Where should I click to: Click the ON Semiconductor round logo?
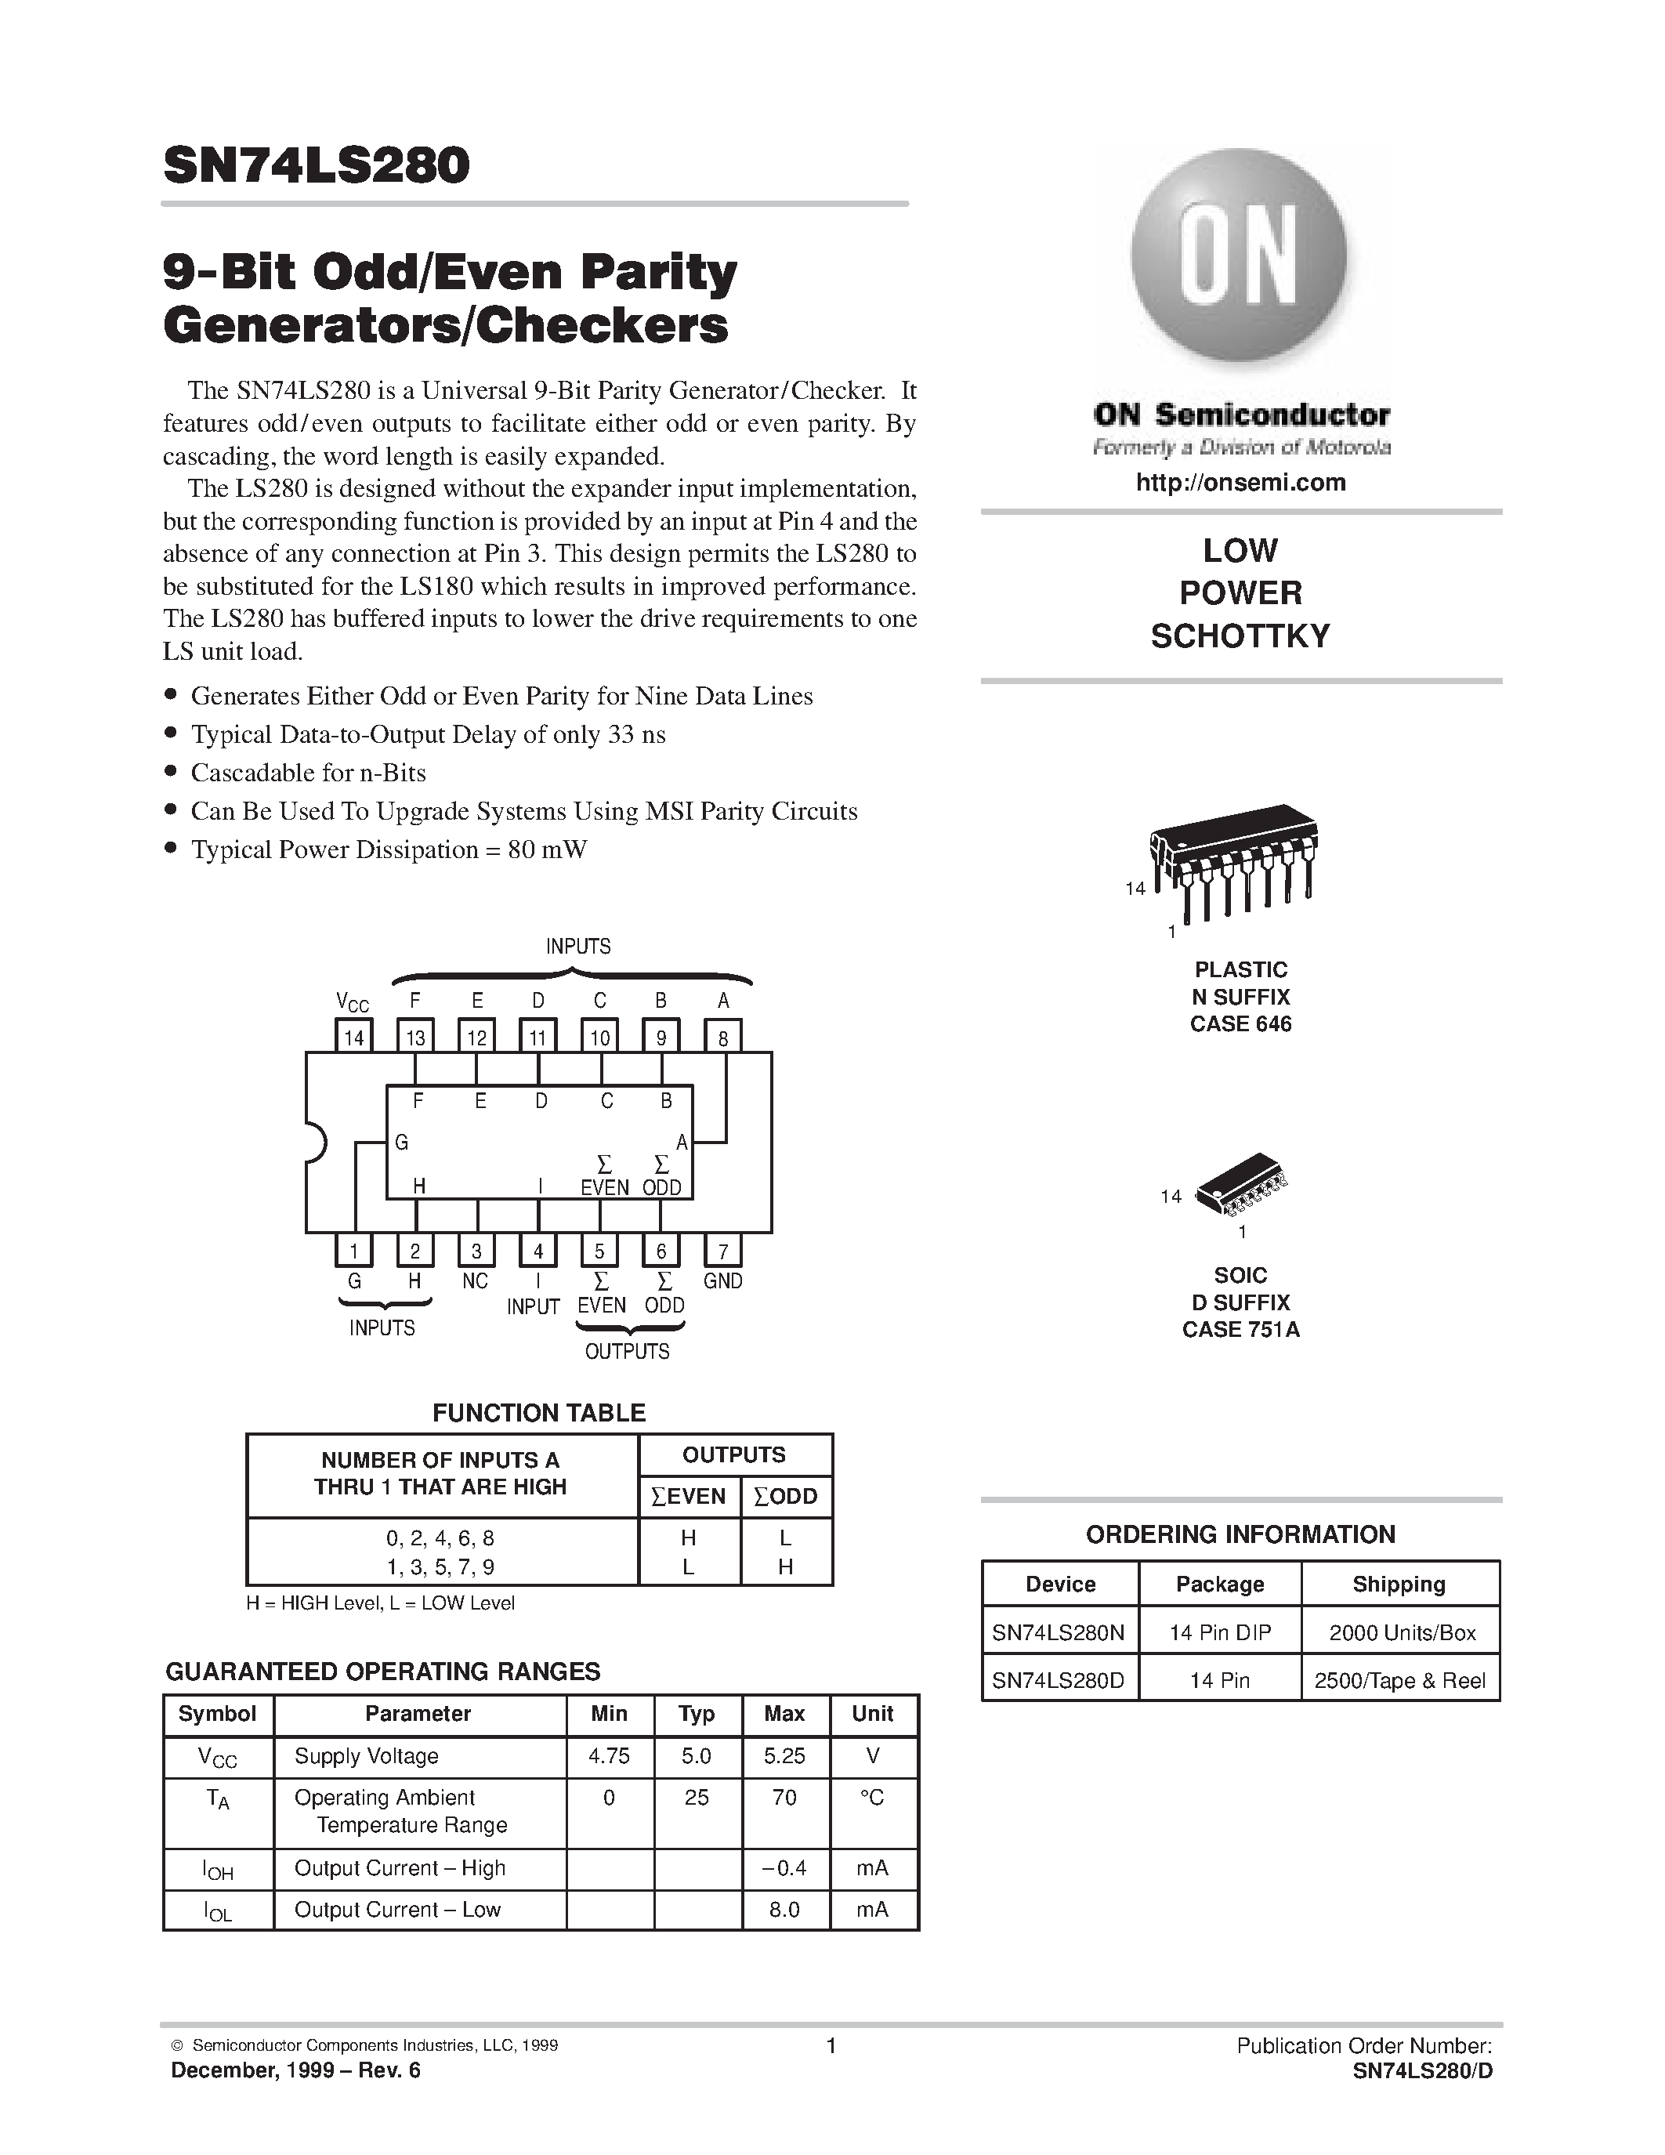(1239, 259)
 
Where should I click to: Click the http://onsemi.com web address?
(1240, 483)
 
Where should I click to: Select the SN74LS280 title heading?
(317, 166)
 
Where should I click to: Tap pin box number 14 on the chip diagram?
(353, 1037)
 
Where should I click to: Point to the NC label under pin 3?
(476, 1280)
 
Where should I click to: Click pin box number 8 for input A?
(723, 1037)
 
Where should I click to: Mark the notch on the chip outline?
(313, 1143)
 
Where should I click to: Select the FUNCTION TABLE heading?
(538, 1412)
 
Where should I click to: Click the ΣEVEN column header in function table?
(689, 1496)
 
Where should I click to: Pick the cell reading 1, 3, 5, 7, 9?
(441, 1566)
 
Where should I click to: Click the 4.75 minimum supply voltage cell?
(609, 1755)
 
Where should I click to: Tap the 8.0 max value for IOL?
(784, 1909)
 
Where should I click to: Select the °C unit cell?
(872, 1798)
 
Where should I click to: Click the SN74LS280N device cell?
(1059, 1632)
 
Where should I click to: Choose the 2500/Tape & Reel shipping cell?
(1399, 1680)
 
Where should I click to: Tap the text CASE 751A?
(1240, 1329)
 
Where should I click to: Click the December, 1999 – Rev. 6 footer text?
(296, 2070)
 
